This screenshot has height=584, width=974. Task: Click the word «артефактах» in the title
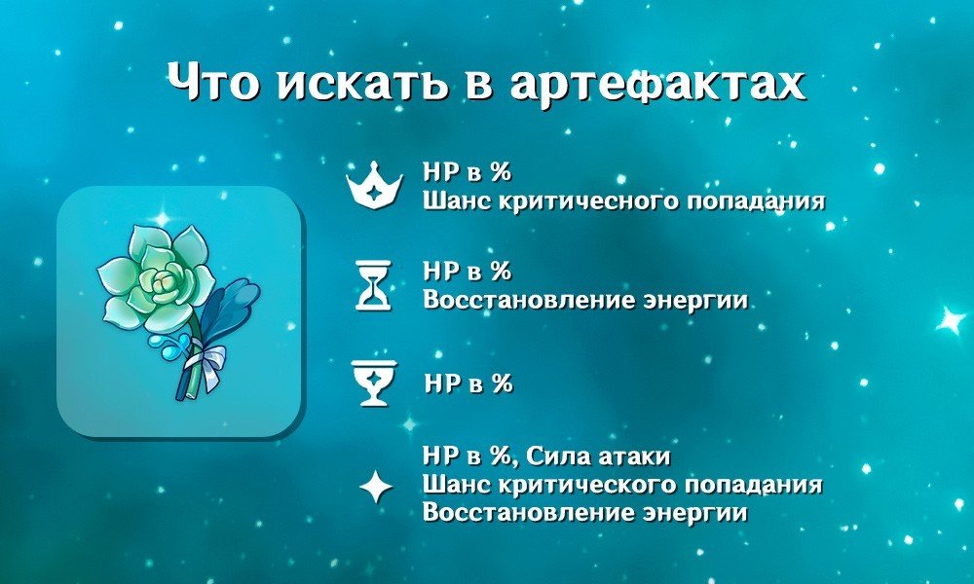pos(657,83)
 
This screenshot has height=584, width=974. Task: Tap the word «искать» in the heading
pos(361,82)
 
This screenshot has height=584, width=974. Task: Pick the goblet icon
pos(375,383)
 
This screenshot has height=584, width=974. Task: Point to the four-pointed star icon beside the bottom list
pos(376,488)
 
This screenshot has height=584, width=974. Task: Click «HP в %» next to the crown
pos(468,172)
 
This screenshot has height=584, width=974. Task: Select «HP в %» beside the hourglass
pos(468,272)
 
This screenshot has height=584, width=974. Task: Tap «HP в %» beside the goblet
pos(468,383)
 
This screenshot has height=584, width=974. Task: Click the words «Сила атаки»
pos(598,457)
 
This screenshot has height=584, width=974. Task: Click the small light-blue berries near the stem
pos(167,347)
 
